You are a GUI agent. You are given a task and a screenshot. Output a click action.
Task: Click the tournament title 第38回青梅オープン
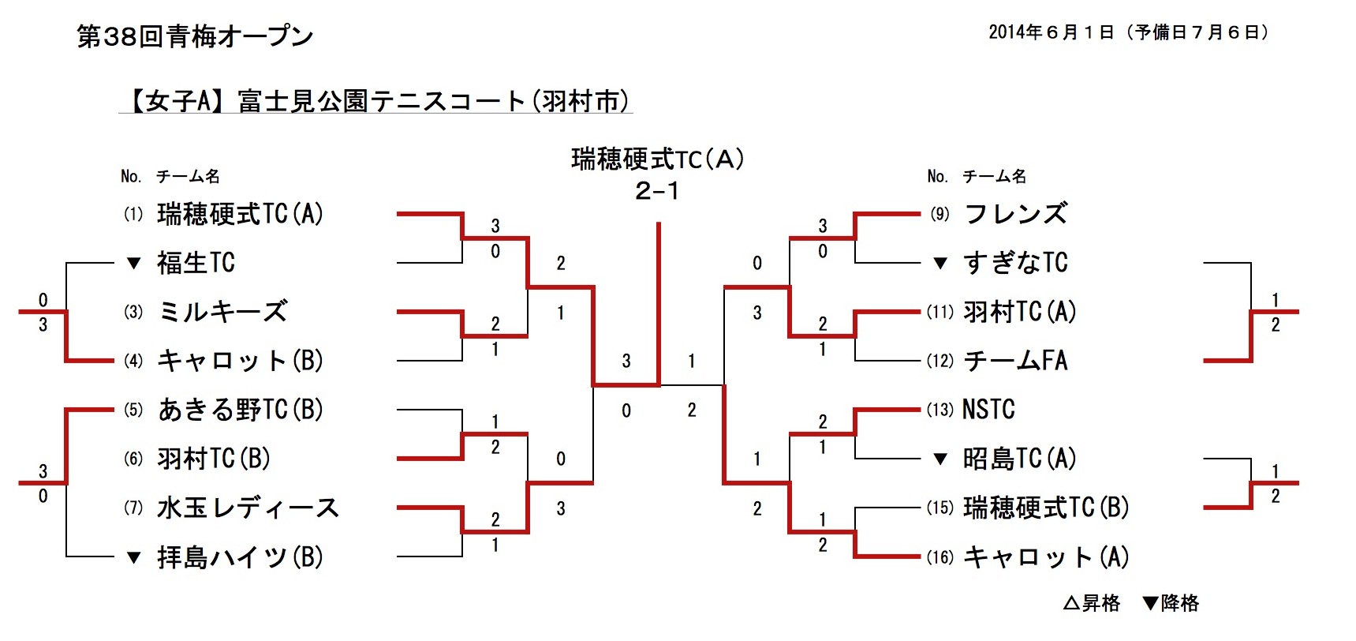tap(195, 36)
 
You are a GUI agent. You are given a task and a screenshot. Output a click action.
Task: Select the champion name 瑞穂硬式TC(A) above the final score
tap(657, 159)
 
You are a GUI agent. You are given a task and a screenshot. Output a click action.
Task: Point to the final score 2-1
tap(657, 191)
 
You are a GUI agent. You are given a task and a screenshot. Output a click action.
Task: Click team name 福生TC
tap(196, 263)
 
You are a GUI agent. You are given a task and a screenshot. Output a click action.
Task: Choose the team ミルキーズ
tap(222, 312)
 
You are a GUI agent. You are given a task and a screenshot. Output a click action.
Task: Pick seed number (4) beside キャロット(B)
tap(133, 361)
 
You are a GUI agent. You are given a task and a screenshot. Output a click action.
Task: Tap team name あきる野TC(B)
tap(240, 410)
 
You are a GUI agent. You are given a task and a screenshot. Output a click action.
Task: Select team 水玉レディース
tap(248, 508)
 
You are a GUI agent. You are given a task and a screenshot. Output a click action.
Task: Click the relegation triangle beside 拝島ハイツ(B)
tap(134, 558)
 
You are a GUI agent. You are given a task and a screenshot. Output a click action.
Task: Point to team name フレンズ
tap(1015, 214)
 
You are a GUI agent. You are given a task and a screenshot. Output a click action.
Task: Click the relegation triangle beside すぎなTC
tap(940, 264)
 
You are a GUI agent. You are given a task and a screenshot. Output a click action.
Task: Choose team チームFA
tap(1015, 361)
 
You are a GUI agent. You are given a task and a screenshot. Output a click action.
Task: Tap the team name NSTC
tap(988, 410)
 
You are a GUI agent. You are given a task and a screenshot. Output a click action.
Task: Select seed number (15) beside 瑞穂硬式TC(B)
tap(940, 508)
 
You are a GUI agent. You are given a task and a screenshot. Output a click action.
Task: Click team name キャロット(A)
tap(1046, 557)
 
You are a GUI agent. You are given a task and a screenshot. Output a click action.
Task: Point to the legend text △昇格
tap(1092, 604)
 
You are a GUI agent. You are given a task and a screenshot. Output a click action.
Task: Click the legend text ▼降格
tap(1171, 604)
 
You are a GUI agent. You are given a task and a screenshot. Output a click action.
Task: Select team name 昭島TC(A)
tap(1019, 459)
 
